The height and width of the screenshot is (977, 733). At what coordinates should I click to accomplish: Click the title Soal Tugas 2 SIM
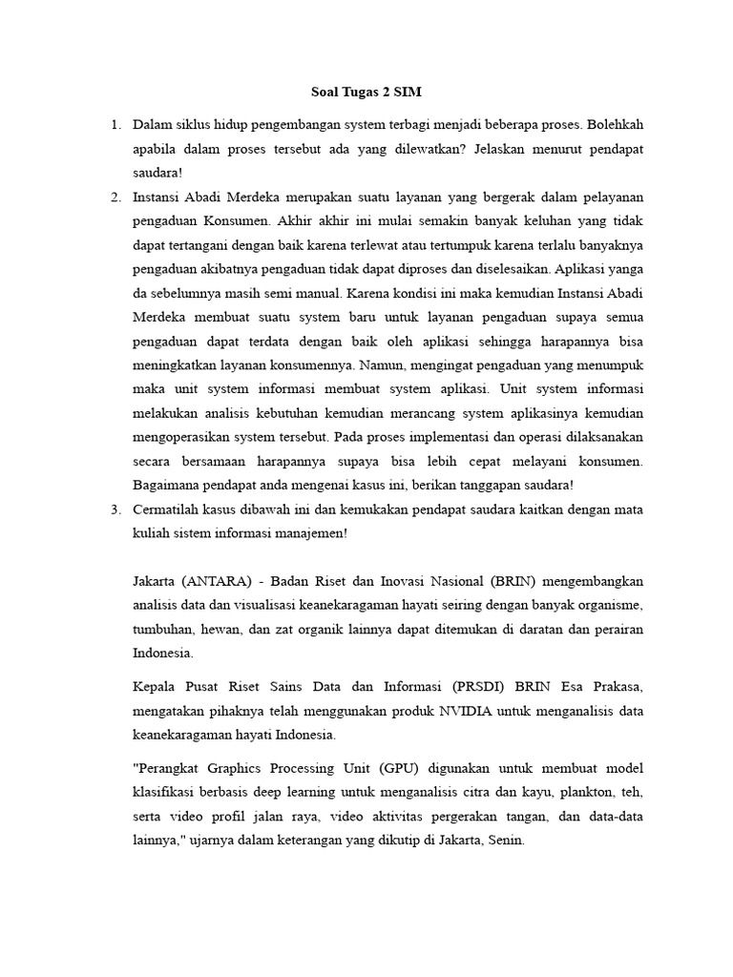click(x=366, y=93)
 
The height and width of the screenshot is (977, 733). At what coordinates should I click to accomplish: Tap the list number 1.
click(x=115, y=125)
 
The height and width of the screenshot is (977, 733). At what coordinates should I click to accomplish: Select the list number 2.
click(x=115, y=197)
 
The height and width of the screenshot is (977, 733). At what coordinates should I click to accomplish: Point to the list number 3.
click(x=115, y=509)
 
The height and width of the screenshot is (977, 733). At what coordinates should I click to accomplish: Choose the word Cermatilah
click(x=169, y=509)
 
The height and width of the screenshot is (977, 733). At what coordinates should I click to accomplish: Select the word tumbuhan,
click(x=163, y=630)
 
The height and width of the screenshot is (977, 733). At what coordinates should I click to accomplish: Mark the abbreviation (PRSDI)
click(x=478, y=687)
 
